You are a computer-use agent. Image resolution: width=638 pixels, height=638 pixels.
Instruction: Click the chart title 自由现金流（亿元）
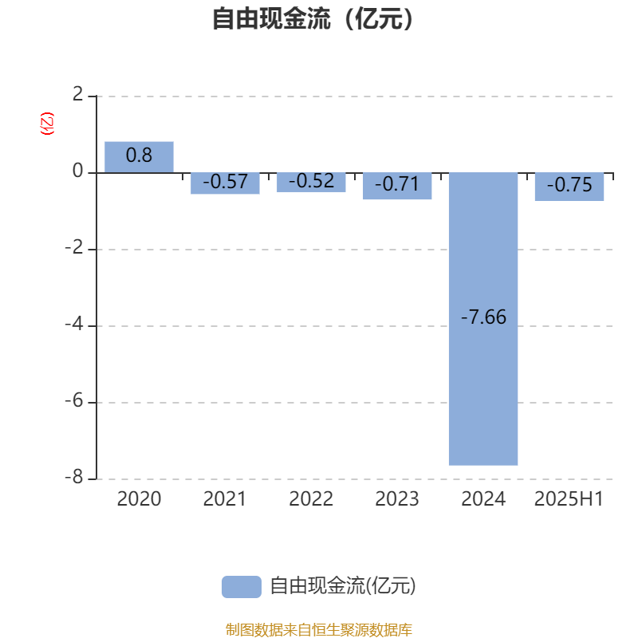click(x=313, y=18)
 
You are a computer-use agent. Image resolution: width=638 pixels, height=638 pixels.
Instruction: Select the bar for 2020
click(x=139, y=157)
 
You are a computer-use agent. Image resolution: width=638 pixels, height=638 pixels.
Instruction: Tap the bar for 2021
click(x=225, y=183)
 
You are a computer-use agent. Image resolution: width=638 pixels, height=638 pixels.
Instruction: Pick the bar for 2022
click(x=311, y=183)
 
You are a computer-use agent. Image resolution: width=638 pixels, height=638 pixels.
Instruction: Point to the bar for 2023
click(x=397, y=186)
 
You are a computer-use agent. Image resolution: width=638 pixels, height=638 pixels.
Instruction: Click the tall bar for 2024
click(x=483, y=319)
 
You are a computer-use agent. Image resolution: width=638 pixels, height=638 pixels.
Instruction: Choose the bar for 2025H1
click(x=569, y=187)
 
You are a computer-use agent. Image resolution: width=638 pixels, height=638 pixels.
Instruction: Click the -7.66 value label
click(x=483, y=317)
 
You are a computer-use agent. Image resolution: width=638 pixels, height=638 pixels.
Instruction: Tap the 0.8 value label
click(x=139, y=155)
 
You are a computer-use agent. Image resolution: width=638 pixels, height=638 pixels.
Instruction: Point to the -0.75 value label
click(x=569, y=185)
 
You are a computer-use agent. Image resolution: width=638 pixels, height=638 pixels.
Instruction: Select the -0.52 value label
click(x=311, y=181)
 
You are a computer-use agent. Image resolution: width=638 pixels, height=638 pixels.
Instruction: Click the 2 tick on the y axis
click(x=77, y=94)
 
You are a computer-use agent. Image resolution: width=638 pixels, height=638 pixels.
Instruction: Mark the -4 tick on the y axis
click(x=74, y=325)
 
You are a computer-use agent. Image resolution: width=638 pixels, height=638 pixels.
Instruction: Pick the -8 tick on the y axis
click(x=74, y=477)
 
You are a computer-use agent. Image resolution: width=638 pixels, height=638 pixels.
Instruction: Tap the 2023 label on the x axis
click(x=397, y=499)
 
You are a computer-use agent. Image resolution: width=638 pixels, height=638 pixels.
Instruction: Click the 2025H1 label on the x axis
click(x=569, y=499)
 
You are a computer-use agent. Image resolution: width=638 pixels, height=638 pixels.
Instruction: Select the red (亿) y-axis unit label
click(x=47, y=124)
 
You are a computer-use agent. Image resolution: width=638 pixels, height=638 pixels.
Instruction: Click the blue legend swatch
click(x=242, y=587)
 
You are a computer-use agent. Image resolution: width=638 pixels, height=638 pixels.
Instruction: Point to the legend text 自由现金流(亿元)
click(x=343, y=586)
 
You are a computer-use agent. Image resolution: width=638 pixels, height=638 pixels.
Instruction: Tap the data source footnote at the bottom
click(x=319, y=629)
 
